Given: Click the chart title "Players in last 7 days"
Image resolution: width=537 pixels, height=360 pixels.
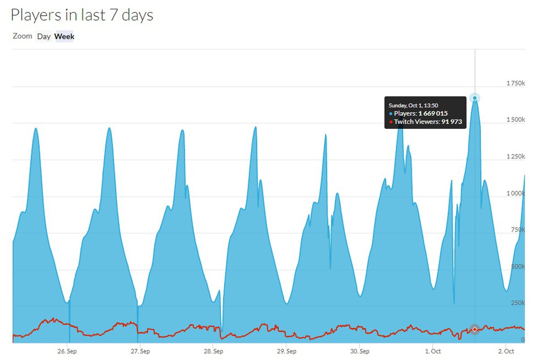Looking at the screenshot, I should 82,15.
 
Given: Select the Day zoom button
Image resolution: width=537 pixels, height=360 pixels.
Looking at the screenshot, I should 44,37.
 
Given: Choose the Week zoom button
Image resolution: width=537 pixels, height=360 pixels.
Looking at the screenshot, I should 64,37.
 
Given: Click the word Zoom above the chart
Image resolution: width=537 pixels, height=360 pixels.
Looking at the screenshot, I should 22,36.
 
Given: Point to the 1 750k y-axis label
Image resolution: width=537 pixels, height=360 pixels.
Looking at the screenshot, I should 515,83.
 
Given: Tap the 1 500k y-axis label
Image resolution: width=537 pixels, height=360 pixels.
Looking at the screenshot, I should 515,120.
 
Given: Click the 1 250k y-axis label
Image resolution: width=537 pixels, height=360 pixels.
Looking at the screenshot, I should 515,157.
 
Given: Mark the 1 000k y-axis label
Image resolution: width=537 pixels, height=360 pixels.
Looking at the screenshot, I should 515,193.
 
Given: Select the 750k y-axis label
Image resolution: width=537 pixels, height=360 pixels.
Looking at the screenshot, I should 517,230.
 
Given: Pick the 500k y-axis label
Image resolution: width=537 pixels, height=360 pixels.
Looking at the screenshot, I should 517,266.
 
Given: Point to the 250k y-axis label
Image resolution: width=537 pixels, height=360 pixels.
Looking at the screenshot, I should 517,303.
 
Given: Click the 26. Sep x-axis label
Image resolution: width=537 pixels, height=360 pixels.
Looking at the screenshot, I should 67,351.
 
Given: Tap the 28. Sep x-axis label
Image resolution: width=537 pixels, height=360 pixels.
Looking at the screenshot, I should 213,351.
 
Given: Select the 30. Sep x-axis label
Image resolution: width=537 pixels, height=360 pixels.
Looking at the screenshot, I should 360,351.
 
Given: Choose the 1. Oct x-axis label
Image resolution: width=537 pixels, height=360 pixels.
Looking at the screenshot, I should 433,351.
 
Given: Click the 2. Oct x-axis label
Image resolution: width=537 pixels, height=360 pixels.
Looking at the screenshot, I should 506,351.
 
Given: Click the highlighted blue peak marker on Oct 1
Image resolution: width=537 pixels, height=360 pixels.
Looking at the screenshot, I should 475,98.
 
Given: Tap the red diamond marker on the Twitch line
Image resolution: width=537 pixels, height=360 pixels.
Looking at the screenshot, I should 475,330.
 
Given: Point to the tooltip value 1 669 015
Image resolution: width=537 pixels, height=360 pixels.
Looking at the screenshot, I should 433,114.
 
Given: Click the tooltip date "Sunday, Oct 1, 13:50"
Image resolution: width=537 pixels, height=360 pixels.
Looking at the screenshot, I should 413,105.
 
